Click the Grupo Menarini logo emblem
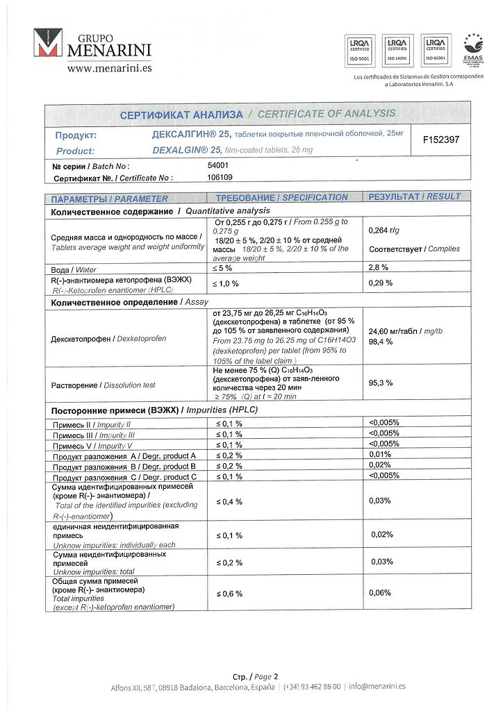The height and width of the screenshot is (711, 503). [x=48, y=43]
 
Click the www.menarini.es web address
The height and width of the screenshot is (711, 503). [x=109, y=68]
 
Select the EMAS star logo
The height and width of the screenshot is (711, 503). [x=474, y=50]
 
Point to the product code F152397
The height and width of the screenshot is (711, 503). [x=441, y=140]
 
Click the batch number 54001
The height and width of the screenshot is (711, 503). [x=218, y=166]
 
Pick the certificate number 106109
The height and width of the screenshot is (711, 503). [x=220, y=178]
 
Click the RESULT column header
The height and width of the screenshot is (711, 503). [x=414, y=196]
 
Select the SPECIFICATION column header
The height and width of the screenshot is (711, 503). [x=281, y=197]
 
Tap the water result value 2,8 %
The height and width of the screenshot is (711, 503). [x=378, y=267]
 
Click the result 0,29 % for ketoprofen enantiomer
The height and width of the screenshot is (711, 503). [x=380, y=283]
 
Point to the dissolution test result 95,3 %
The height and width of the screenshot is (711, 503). [x=380, y=383]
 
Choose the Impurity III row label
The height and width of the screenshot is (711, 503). [x=94, y=435]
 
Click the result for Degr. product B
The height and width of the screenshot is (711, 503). [x=380, y=465]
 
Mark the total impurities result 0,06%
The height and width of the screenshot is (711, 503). [x=380, y=593]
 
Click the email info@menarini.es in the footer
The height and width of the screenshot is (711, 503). [x=377, y=687]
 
